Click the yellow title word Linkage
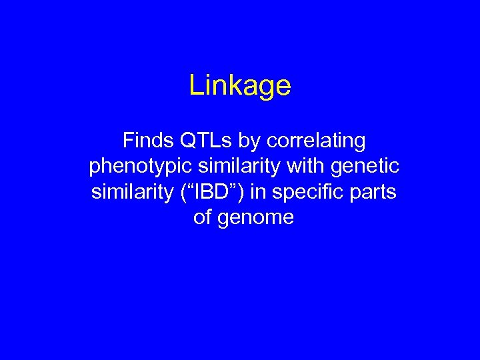tap(240, 86)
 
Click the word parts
tap(373, 193)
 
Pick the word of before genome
tap(202, 217)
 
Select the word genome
tap(257, 218)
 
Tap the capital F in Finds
tap(127, 141)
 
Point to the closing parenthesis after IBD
tap(239, 192)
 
